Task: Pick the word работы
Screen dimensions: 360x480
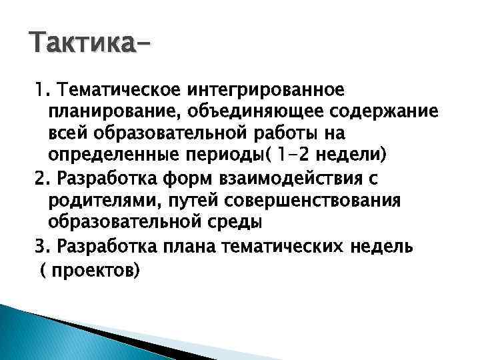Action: tap(306, 133)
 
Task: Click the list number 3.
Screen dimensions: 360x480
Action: tap(40, 246)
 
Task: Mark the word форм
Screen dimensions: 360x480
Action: tap(169, 179)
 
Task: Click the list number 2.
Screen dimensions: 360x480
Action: tap(40, 179)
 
